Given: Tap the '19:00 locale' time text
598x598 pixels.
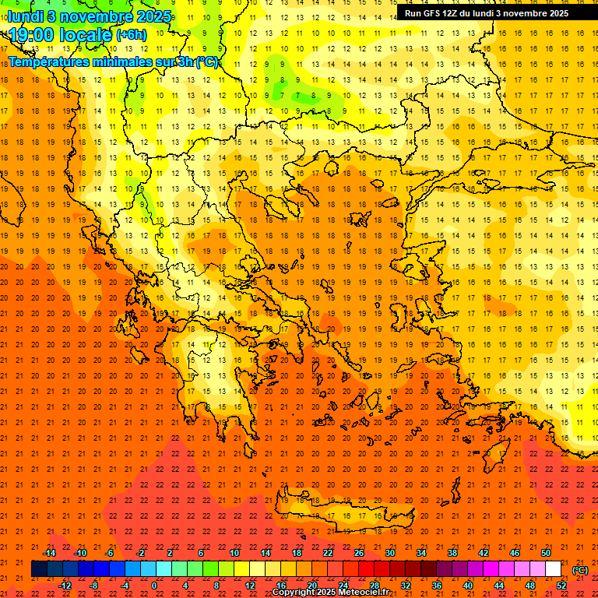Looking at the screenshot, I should [x=61, y=34].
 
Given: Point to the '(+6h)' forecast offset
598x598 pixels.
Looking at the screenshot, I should [x=130, y=35].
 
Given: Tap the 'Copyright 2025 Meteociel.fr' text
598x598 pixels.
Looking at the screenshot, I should [x=330, y=593].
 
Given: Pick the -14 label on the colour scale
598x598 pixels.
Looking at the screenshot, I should [x=49, y=553].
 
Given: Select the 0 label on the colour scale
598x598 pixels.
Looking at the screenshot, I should [x=154, y=586].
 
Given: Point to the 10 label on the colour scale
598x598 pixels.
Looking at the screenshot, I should [x=234, y=553].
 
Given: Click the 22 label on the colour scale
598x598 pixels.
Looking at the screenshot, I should [x=328, y=553].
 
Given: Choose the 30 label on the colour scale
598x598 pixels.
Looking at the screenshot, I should [x=390, y=553].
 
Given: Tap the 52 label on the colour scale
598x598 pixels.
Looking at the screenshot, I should [x=561, y=586].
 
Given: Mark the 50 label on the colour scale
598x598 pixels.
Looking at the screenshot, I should [x=546, y=553].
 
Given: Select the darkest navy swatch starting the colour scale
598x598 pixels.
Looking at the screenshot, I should [x=39, y=569].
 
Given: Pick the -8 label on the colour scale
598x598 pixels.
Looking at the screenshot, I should [x=93, y=586].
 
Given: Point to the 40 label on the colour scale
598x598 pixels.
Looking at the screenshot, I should [x=468, y=586].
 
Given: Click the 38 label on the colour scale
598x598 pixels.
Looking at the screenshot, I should [x=452, y=553].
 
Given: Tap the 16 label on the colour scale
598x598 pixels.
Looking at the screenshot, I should [x=281, y=586].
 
